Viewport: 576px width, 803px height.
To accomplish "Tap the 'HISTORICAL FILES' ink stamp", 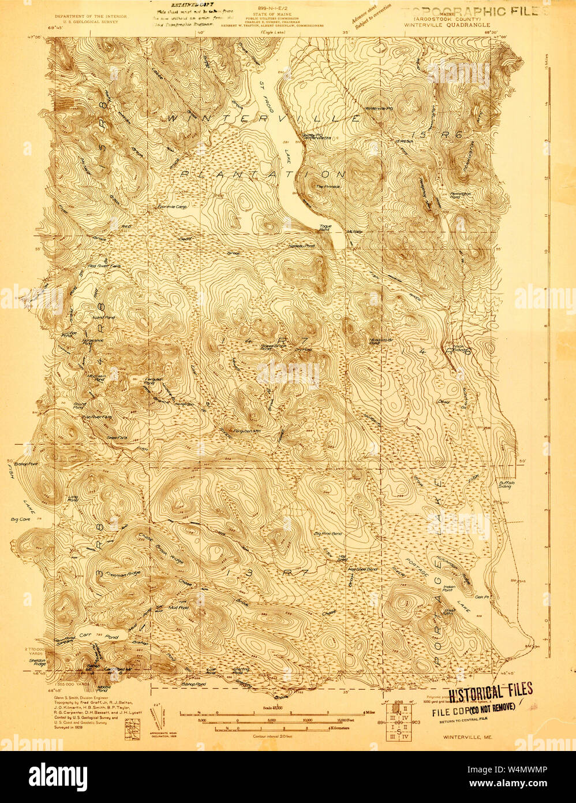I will pyautogui.click(x=491, y=691).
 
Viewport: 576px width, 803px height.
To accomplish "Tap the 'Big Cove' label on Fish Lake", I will pyautogui.click(x=20, y=519).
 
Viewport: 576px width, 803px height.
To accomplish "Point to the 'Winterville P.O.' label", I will pyautogui.click(x=377, y=108).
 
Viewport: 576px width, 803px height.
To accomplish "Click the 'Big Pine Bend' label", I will pyautogui.click(x=328, y=533).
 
